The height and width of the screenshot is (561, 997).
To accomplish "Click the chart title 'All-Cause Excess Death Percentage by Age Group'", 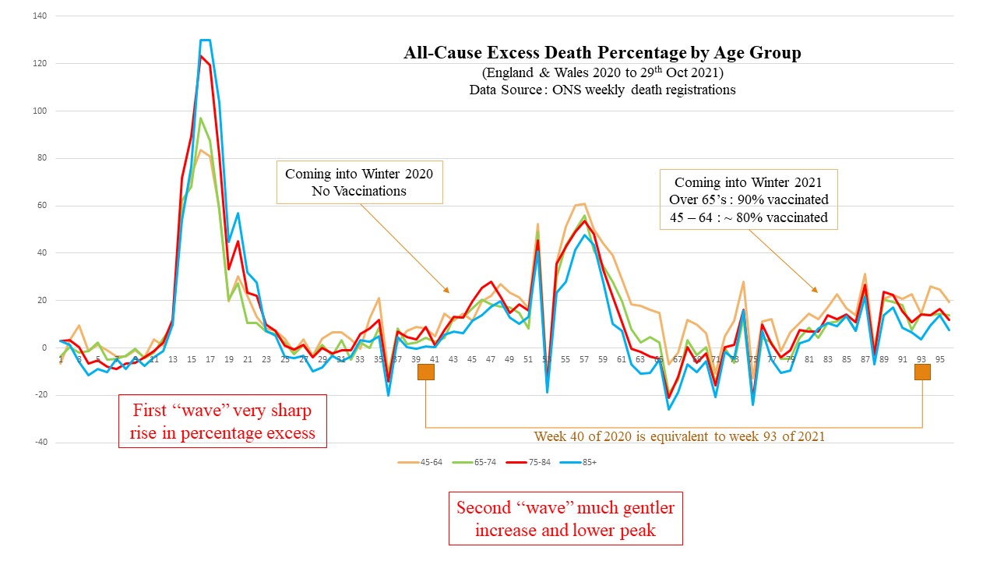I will (602, 53).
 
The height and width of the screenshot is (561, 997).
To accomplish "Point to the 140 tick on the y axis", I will (40, 16).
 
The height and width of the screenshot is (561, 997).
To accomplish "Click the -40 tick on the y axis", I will (40, 443).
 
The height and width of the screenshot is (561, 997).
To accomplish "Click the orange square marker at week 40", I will (426, 372).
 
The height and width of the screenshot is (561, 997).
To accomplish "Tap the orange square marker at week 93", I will (922, 372).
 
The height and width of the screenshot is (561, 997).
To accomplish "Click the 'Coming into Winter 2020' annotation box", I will (360, 182).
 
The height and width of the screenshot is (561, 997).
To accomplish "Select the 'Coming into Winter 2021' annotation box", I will (749, 199).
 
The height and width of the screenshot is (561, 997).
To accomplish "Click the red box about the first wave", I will (222, 421).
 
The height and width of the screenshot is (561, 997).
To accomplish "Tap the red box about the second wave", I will (565, 519).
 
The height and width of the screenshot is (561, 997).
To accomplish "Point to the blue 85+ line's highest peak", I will (205, 40).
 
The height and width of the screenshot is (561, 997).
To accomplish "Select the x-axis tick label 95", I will (940, 359).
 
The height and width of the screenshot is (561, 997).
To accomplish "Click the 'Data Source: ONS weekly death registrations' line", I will (602, 90).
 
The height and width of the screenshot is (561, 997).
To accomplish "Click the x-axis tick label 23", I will (266, 359).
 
